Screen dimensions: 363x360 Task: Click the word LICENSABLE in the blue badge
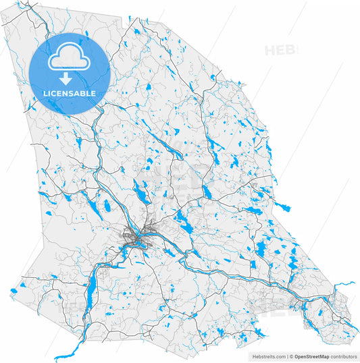[70, 93]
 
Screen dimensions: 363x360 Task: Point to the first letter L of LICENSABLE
[45, 93]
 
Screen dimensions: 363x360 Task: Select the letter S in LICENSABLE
[72, 93]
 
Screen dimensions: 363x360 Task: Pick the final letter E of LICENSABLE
[93, 93]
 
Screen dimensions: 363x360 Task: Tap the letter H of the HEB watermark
[269, 50]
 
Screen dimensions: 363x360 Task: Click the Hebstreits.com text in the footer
[266, 356]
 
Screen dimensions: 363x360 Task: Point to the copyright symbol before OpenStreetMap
[292, 356]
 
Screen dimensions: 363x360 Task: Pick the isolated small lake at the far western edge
[12, 291]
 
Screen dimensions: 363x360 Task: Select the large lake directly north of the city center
[140, 194]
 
